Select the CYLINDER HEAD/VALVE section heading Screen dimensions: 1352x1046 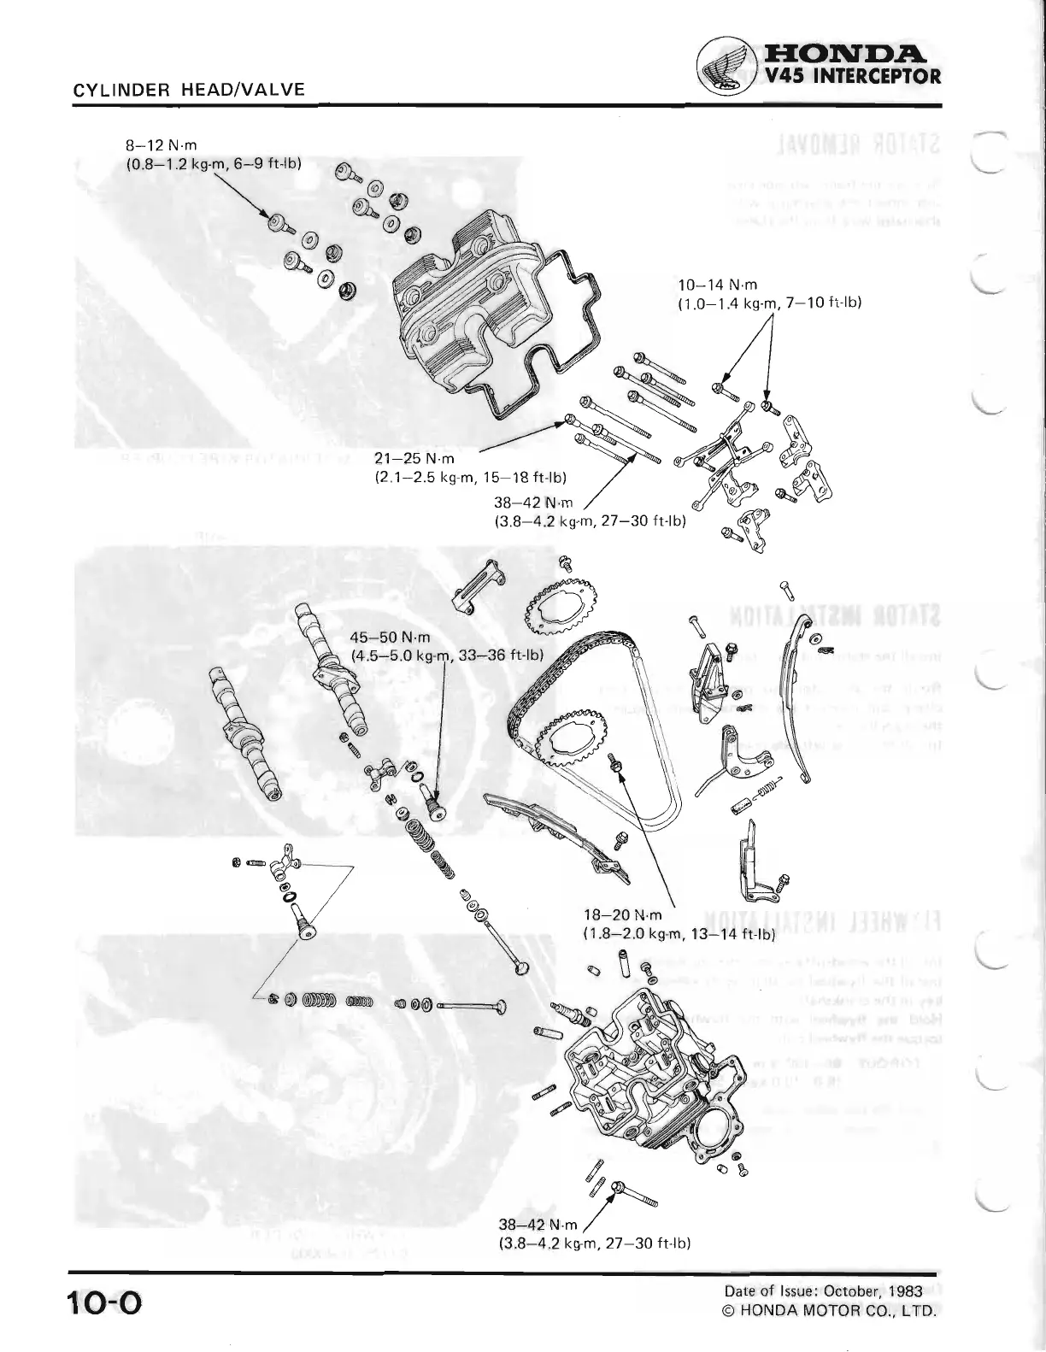tap(190, 89)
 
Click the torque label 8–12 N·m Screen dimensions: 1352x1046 tap(162, 146)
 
